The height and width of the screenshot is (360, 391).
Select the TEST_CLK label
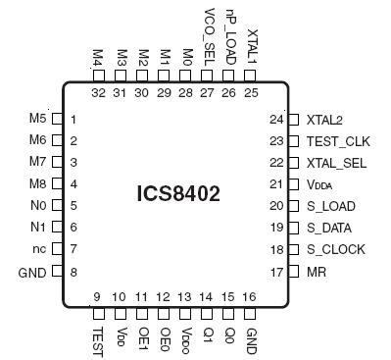click(x=336, y=140)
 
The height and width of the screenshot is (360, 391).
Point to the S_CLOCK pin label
click(x=335, y=249)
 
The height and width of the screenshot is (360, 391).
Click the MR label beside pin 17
click(x=316, y=271)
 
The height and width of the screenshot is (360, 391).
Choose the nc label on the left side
click(x=39, y=249)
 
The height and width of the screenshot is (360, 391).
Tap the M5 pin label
click(x=38, y=120)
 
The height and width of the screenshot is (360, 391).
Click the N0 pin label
click(x=38, y=206)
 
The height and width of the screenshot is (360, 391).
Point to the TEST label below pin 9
click(x=99, y=338)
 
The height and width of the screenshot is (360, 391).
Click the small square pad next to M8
click(x=57, y=184)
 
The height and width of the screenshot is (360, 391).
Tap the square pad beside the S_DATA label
click(x=293, y=228)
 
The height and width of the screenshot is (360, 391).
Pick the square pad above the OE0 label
click(x=164, y=314)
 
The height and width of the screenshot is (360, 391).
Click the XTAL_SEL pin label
click(x=335, y=162)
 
